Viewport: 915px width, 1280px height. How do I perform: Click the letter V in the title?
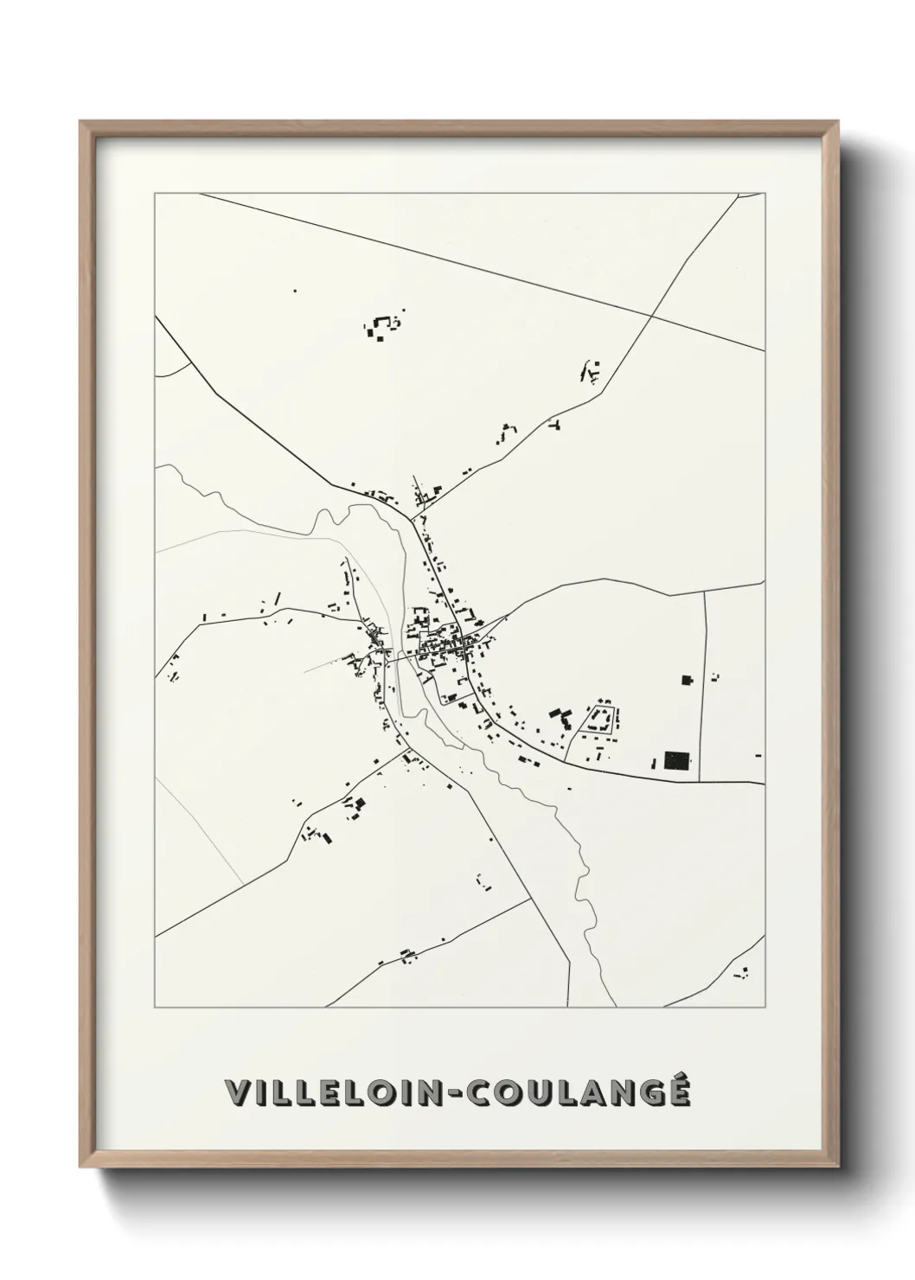tap(235, 1093)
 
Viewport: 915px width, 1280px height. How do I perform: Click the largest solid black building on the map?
tap(678, 761)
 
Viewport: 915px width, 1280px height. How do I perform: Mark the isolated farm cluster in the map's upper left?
tap(381, 327)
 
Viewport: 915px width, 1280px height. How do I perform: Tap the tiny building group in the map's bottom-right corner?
tap(741, 973)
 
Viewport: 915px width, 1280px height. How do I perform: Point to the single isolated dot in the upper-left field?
tap(294, 291)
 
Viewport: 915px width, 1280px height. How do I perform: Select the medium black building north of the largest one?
tap(688, 681)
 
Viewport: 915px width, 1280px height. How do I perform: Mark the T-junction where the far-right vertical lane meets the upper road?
tap(705, 592)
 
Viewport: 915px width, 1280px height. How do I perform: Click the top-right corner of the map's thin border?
tap(765, 194)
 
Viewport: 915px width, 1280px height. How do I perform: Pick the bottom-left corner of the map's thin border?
tap(156, 1008)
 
